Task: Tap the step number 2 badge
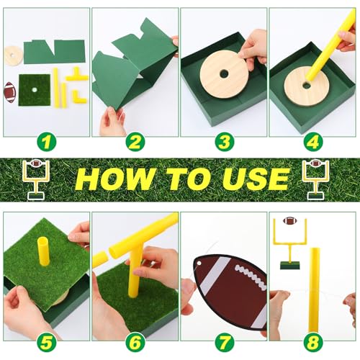pyautogui.click(x=134, y=142)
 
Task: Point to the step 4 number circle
pyautogui.click(x=312, y=142)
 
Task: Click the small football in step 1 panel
pyautogui.click(x=10, y=91)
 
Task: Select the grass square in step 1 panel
pyautogui.click(x=34, y=90)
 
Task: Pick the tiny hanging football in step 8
pyautogui.click(x=289, y=222)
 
